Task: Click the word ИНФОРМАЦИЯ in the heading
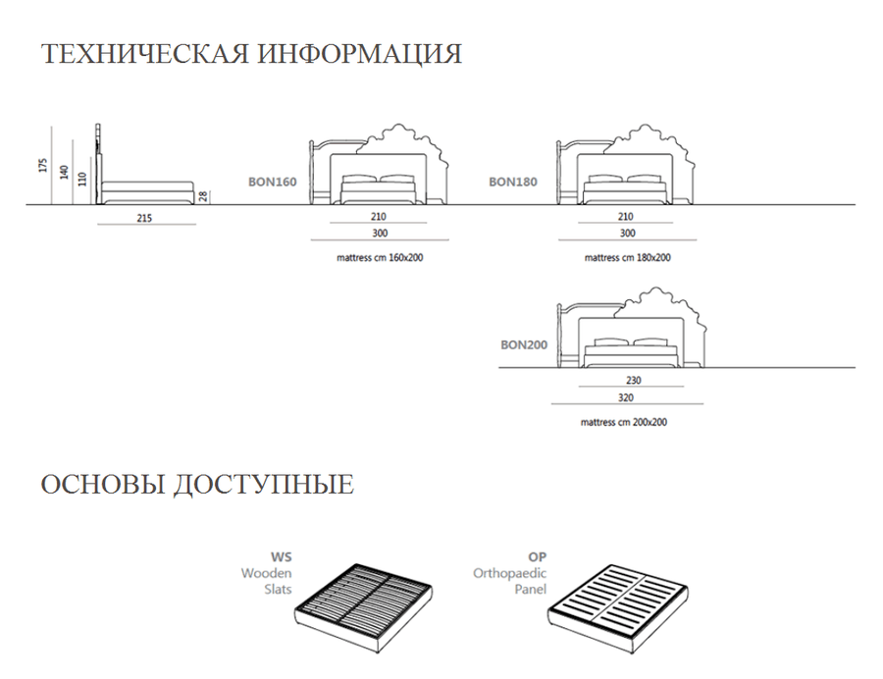360,54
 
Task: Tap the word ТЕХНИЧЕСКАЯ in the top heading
145,54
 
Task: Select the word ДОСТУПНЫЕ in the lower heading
264,485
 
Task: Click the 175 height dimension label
43,166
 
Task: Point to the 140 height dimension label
64,173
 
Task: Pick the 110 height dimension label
83,179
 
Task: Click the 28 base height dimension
203,196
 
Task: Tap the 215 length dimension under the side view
144,218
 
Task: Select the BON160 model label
273,182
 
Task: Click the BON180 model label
513,182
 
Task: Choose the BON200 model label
524,345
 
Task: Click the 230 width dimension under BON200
634,381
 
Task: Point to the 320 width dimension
626,398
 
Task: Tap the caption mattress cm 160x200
380,258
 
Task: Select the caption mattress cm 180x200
627,258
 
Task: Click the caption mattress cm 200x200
623,422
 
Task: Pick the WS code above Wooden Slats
281,557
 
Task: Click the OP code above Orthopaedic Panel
538,557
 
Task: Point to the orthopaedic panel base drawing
618,608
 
